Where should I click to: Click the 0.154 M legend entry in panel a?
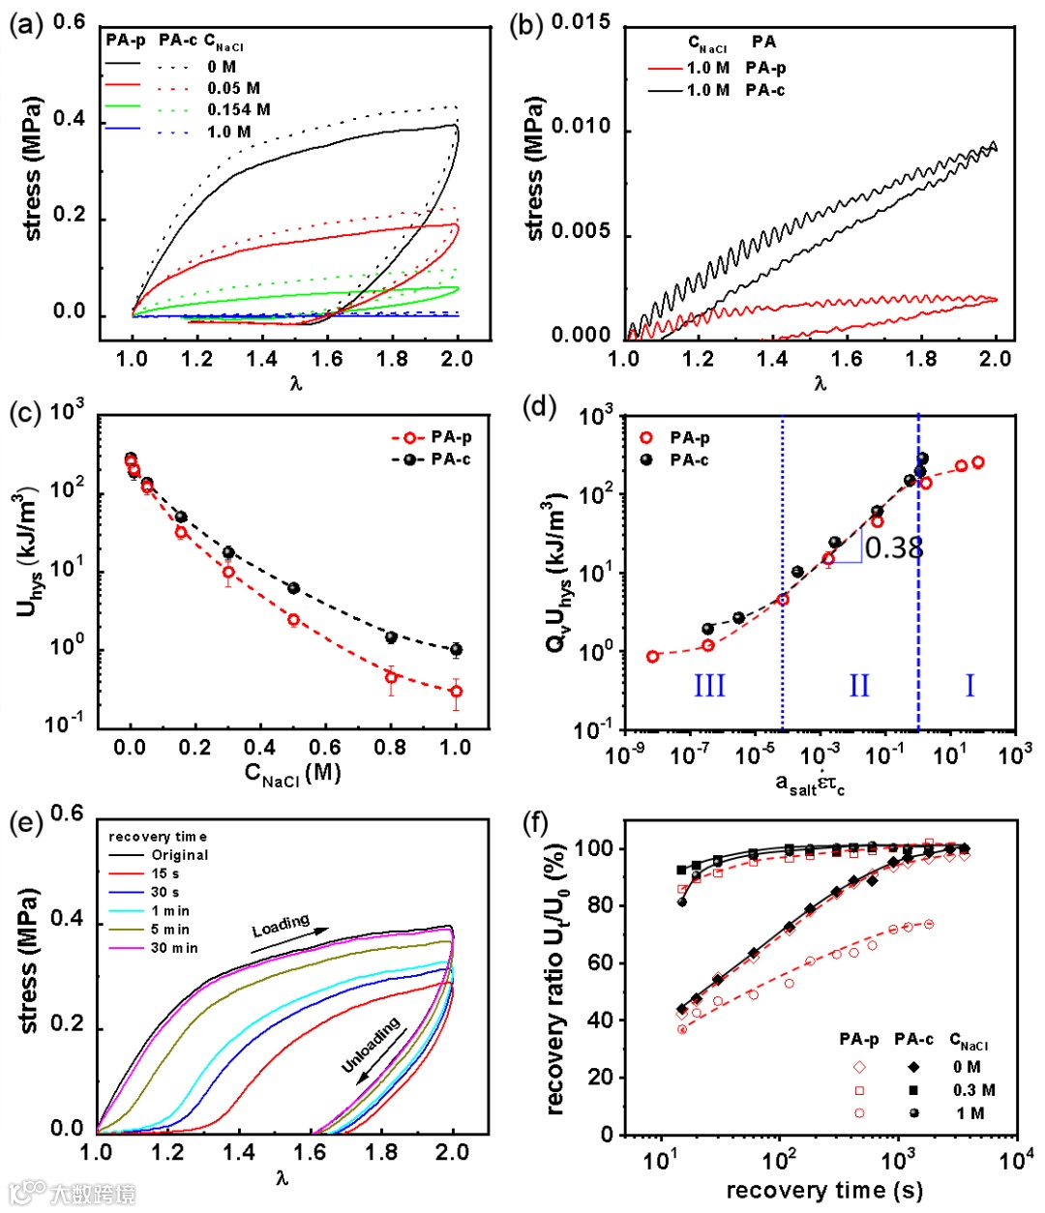tap(238, 109)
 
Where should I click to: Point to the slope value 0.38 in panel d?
tap(894, 548)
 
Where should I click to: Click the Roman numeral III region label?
tap(709, 685)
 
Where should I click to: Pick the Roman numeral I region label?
tap(970, 685)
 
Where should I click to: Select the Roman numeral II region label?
tap(859, 685)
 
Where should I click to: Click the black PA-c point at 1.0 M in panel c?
tap(456, 650)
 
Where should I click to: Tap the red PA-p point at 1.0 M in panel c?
tap(456, 692)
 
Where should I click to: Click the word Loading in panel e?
tap(281, 926)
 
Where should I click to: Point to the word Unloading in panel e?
tap(371, 1046)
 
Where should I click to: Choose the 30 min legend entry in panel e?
tap(174, 948)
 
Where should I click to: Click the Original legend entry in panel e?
tap(179, 855)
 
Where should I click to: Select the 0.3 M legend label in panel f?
tap(973, 1090)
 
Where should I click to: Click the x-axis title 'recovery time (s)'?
tap(824, 1191)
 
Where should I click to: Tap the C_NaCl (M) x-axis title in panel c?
tap(292, 774)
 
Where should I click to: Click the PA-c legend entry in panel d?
tap(689, 460)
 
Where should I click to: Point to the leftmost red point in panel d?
tap(652, 657)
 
